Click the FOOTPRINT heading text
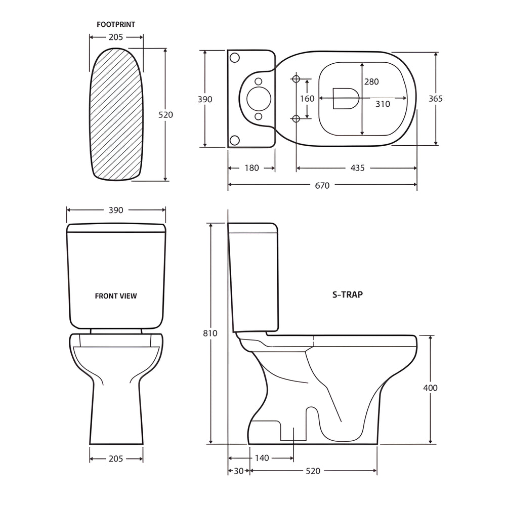116,24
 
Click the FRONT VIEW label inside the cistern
116,296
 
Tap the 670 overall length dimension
322,186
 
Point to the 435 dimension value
357,168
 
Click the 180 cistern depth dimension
251,168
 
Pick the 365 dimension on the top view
436,99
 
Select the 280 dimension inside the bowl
371,81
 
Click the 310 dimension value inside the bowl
383,104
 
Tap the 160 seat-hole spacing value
307,99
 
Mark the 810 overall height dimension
210,333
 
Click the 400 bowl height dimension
431,388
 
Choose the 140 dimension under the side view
262,458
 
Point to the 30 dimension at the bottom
238,471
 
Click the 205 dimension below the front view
116,459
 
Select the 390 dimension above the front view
116,210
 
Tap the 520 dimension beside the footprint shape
165,115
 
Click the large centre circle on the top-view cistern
259,99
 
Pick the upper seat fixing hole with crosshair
297,79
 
